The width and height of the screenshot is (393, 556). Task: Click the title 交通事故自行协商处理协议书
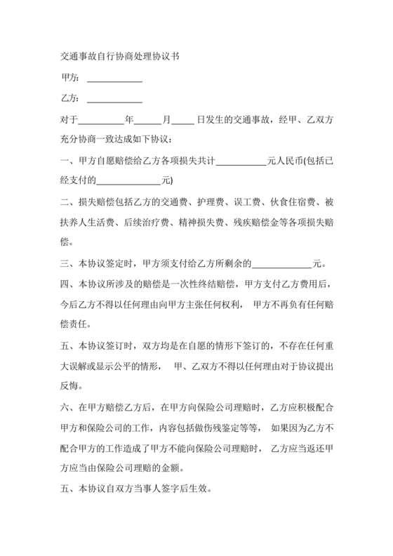[121, 55]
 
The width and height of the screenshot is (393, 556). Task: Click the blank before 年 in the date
[100, 121]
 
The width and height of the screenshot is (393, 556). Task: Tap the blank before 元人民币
[242, 161]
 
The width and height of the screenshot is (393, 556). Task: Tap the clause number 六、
[69, 407]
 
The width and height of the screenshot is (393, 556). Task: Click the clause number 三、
[69, 265]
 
